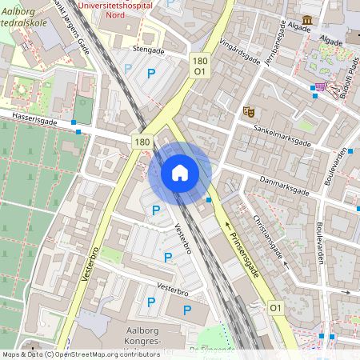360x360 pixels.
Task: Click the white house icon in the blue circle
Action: click(180, 173)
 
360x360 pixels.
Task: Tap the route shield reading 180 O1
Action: click(199, 66)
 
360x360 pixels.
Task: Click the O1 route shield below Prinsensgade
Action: click(276, 307)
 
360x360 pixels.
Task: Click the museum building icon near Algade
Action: click(308, 21)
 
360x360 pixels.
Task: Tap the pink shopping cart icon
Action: click(322, 86)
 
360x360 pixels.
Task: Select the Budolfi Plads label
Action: click(348, 76)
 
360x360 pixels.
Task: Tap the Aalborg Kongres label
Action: click(140, 336)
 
